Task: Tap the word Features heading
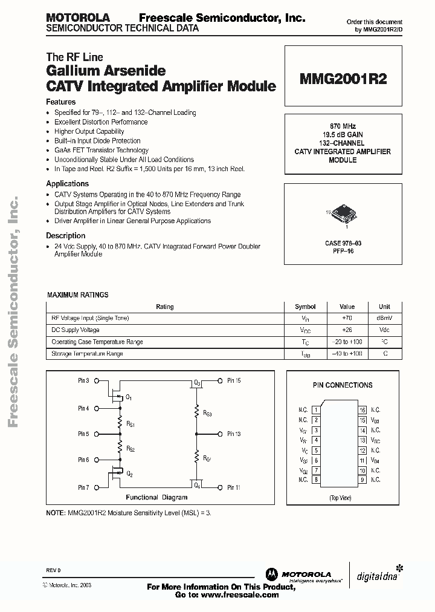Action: click(x=61, y=102)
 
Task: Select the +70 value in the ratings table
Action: click(x=347, y=318)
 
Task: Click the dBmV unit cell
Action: click(x=384, y=318)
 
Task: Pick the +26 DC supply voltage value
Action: click(x=347, y=330)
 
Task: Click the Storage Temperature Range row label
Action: click(x=88, y=354)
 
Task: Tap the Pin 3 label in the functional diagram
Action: click(x=83, y=381)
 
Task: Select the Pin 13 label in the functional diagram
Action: click(x=234, y=434)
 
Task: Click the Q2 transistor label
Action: click(x=129, y=474)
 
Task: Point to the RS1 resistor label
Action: click(x=130, y=425)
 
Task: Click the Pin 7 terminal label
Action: click(x=83, y=487)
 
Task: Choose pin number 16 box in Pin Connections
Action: click(x=362, y=410)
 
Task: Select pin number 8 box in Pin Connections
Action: click(x=315, y=480)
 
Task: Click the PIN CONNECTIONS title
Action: click(x=343, y=385)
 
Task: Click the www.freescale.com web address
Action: click(x=239, y=595)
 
